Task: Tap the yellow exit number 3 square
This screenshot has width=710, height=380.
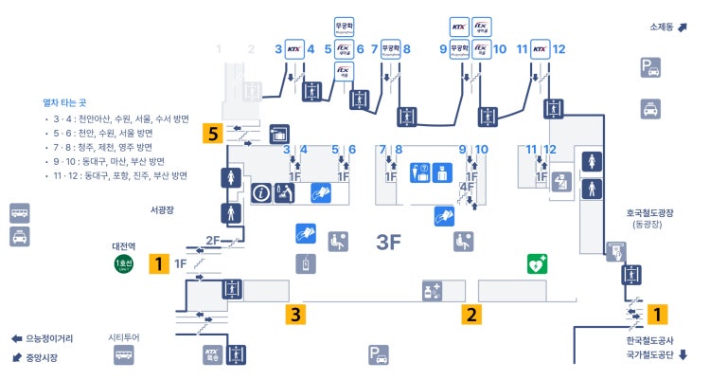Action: click(x=297, y=314)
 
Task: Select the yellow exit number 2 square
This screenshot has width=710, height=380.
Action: click(x=471, y=314)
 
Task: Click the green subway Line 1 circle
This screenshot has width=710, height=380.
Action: click(x=123, y=263)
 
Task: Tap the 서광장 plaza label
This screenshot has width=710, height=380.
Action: click(x=163, y=209)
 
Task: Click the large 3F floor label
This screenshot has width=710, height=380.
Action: click(x=389, y=242)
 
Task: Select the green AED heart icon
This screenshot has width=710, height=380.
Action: click(x=538, y=263)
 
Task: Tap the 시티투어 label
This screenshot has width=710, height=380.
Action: click(x=124, y=337)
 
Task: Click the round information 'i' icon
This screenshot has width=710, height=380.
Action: click(x=261, y=192)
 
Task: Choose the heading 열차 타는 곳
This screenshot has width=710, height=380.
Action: click(x=64, y=102)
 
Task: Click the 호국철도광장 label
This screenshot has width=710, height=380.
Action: click(x=648, y=214)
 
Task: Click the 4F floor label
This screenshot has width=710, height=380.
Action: click(x=466, y=188)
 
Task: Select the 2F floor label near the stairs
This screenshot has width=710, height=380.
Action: click(x=213, y=241)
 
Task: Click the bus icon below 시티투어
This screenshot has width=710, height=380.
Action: click(x=124, y=356)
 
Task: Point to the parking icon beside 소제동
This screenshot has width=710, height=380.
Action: click(x=650, y=67)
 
